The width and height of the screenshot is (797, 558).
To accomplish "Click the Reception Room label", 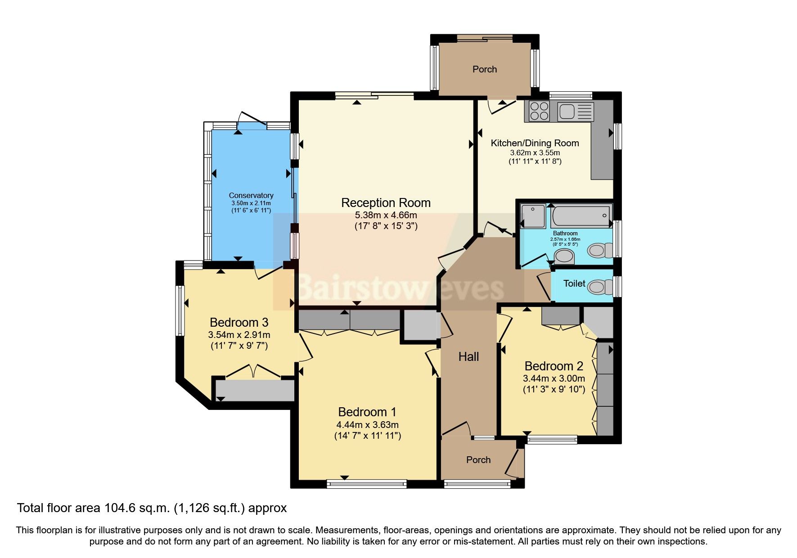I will [386, 203].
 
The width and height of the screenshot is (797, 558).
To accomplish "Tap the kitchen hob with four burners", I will [539, 111].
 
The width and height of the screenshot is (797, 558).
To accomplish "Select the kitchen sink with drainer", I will [576, 111].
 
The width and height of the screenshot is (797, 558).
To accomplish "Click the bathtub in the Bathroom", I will [581, 216].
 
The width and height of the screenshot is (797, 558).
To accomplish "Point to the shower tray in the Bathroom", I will [533, 216].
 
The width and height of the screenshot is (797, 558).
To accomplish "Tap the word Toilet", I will [574, 283].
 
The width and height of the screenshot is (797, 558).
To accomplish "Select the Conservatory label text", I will [251, 195].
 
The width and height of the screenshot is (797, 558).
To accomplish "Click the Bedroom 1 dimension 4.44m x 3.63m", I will [367, 425].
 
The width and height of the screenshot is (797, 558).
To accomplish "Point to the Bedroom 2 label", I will [554, 366].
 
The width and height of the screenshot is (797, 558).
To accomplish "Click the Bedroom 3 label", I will [239, 322].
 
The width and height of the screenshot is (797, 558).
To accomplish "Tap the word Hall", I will [468, 357].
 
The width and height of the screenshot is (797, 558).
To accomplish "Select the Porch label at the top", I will [485, 69].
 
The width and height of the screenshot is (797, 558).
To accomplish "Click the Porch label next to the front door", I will [478, 460].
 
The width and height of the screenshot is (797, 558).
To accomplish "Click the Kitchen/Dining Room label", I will [535, 143].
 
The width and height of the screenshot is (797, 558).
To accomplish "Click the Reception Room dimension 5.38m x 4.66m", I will [386, 215].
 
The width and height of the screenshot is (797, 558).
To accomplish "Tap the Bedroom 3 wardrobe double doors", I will [253, 371].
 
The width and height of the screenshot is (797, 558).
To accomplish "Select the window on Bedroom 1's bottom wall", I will [367, 484].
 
